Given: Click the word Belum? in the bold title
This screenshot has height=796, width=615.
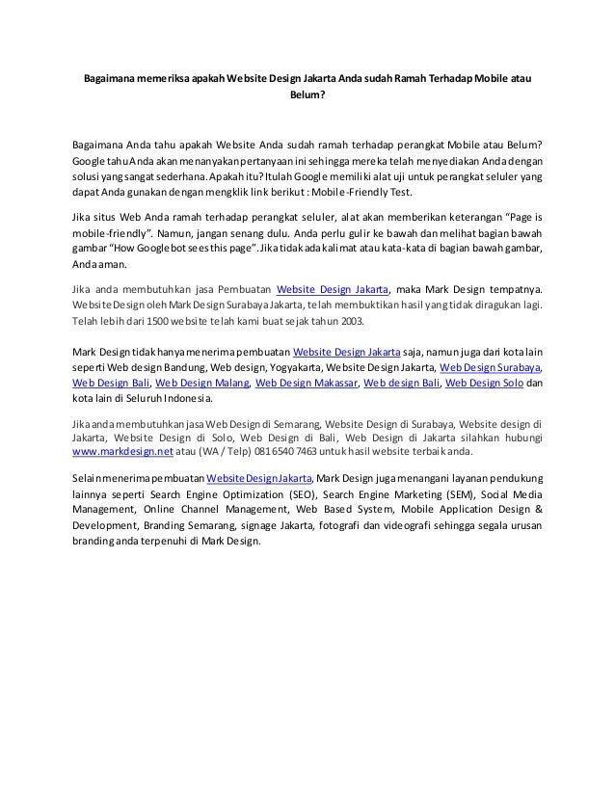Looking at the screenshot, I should click(307, 94).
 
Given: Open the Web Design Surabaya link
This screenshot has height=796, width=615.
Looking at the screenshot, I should click(490, 366).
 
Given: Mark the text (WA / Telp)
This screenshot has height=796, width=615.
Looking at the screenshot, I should click(219, 449).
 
